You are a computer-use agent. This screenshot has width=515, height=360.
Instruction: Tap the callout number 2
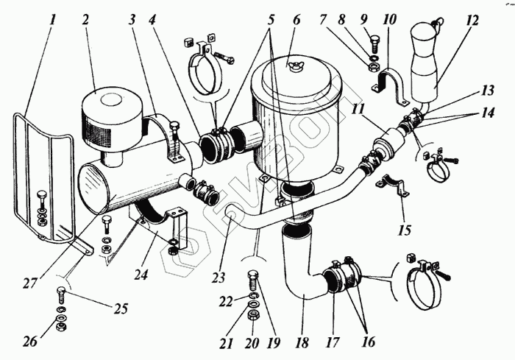pos(86,19)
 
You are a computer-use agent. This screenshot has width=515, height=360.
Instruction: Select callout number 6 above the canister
pos(296,19)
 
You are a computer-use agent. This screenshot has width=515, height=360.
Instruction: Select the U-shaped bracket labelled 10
pos(390,80)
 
